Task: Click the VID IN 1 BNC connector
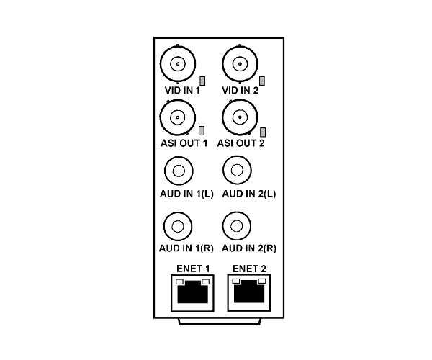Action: (178, 64)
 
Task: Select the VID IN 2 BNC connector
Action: (240, 64)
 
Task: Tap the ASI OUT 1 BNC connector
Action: (178, 117)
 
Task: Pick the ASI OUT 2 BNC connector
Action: (240, 117)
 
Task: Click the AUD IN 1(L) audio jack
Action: (179, 171)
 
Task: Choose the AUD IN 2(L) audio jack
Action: (237, 170)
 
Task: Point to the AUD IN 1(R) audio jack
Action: (178, 226)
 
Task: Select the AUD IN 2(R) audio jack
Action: (236, 226)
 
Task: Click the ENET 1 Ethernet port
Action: (192, 293)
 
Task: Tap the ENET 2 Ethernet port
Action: (249, 292)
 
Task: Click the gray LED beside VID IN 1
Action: (202, 81)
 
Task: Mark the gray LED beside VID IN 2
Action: (262, 81)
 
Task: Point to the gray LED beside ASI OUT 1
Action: (202, 131)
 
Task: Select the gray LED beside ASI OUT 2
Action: (263, 132)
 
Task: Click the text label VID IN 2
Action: (240, 90)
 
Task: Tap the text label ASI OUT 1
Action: (184, 143)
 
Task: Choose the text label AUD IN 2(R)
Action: (249, 248)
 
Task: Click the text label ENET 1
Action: (193, 269)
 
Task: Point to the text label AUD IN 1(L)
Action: (186, 194)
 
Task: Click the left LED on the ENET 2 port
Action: (236, 282)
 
